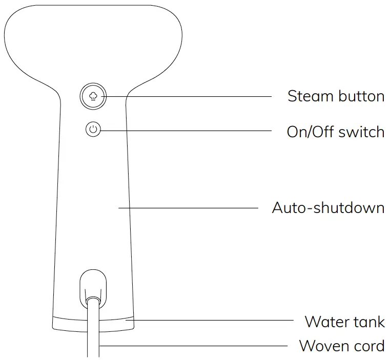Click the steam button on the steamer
tap(93, 96)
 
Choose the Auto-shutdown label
tap(328, 208)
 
